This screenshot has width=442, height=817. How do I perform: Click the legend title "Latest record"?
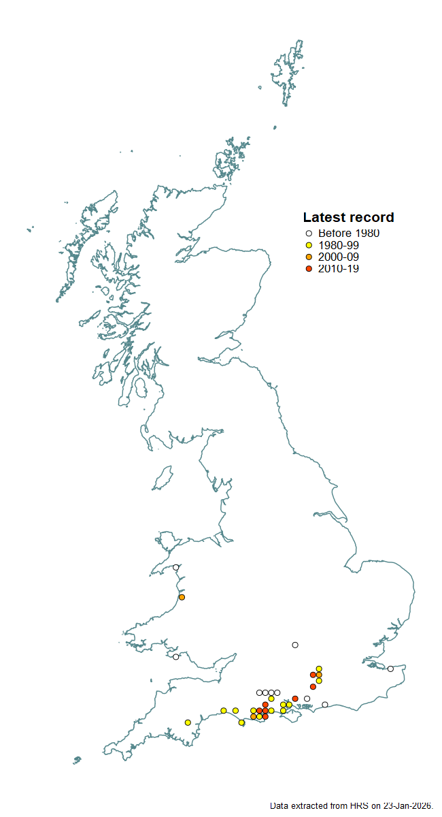[348, 218]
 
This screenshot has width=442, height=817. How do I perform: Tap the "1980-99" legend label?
[343, 245]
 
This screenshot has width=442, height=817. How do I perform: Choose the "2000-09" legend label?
[343, 257]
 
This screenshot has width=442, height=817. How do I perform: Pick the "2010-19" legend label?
[343, 269]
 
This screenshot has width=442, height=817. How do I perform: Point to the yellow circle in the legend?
[309, 245]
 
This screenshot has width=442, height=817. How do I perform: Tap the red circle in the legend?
[309, 269]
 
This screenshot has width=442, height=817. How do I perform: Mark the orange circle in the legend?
[309, 257]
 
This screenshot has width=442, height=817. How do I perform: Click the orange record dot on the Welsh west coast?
[182, 597]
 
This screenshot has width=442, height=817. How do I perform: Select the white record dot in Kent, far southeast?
[390, 669]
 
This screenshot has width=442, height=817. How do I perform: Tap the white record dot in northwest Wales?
[175, 567]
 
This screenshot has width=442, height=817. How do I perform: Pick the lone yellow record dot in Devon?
[188, 722]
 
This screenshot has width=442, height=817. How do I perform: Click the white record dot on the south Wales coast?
[175, 657]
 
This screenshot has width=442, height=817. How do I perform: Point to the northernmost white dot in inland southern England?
[295, 645]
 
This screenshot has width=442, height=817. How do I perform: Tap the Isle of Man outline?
[163, 479]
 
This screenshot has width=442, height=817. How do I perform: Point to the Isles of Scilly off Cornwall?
[77, 759]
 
